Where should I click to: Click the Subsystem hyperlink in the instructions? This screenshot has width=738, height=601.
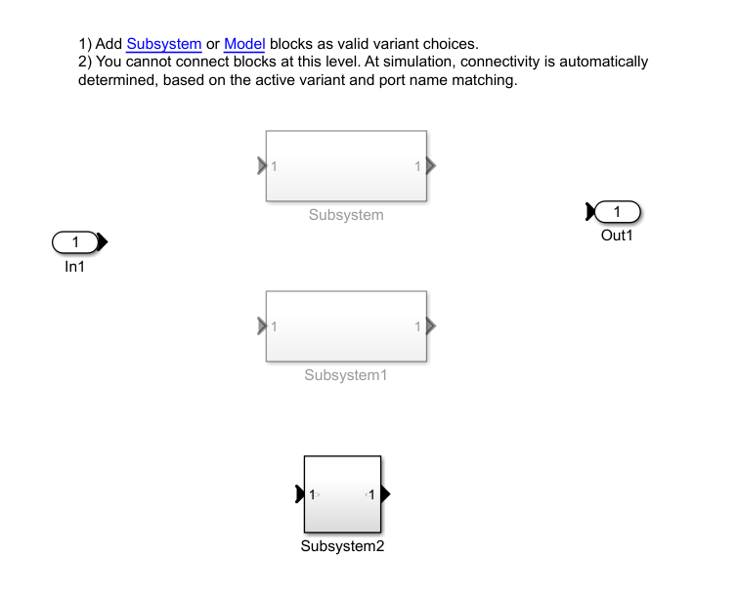(164, 44)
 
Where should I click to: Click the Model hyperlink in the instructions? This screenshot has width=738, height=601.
(244, 44)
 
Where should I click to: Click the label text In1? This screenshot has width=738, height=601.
(75, 266)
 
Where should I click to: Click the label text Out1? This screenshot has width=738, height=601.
(617, 236)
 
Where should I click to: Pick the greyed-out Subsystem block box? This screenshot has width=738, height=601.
(346, 166)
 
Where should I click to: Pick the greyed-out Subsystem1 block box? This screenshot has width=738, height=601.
(346, 326)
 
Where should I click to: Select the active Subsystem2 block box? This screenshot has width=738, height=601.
(342, 494)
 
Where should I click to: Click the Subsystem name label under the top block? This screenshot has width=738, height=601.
(346, 215)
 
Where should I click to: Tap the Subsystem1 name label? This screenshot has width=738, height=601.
(346, 375)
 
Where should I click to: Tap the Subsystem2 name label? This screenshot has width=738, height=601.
(342, 546)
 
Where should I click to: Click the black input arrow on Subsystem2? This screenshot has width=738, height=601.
(299, 495)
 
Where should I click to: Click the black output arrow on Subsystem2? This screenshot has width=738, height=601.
(385, 495)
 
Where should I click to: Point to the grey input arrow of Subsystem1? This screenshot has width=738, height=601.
(261, 325)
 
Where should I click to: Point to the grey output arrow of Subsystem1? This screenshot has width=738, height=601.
(431, 325)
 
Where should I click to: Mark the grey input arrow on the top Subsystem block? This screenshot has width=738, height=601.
(261, 166)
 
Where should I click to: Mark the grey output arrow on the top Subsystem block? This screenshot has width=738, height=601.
(431, 166)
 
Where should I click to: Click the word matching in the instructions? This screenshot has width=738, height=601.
(485, 80)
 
